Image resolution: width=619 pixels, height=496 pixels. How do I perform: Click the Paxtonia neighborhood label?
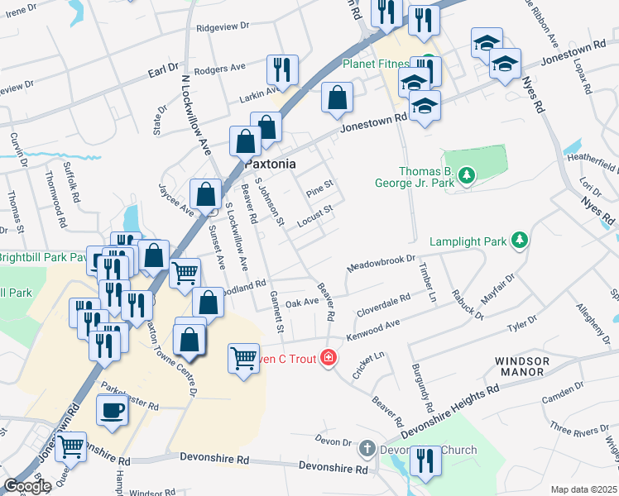(x=271, y=164)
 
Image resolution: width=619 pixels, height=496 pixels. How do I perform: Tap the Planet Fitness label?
(x=378, y=64)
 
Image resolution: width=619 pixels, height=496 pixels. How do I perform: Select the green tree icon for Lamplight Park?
(x=520, y=241)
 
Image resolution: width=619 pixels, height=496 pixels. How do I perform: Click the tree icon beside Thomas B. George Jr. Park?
(x=468, y=175)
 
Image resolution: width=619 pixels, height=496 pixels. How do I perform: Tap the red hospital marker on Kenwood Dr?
(x=329, y=358)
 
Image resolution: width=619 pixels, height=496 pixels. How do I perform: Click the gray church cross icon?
(x=368, y=449)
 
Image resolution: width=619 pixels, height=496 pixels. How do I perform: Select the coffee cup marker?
(x=113, y=411)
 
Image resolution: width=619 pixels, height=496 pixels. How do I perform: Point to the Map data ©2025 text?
(x=583, y=489)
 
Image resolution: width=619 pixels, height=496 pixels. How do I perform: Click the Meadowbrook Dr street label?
(x=381, y=264)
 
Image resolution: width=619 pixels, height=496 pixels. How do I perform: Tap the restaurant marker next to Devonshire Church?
(x=425, y=461)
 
